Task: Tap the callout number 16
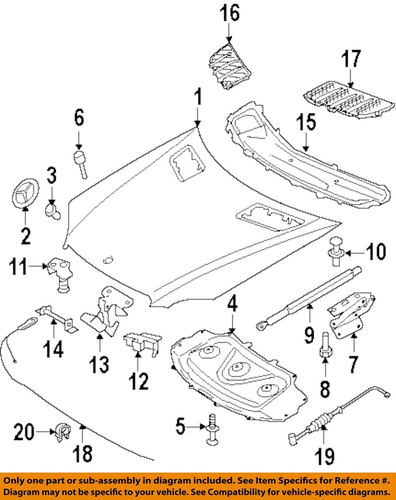pos(229,14)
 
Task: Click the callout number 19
pos(326,456)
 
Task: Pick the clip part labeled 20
pos(62,431)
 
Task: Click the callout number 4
pos(232,307)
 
